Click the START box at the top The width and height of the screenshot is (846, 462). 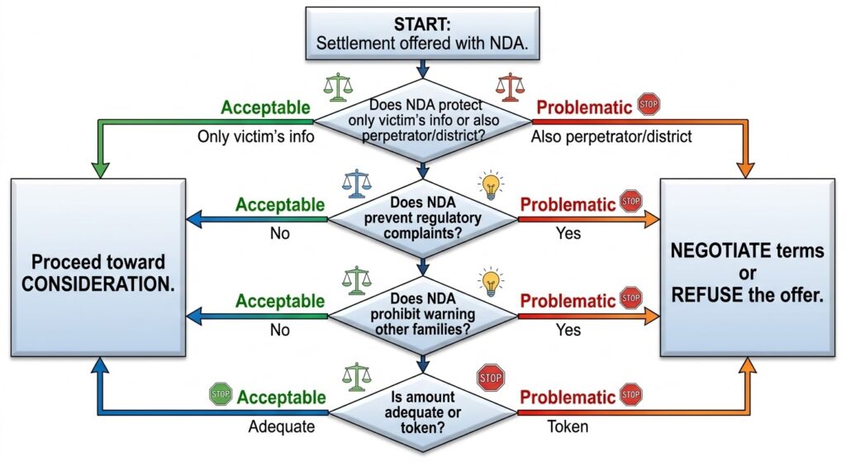pos(422,33)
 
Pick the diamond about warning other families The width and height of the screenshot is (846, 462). pos(423,315)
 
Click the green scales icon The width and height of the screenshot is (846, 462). pos(337,85)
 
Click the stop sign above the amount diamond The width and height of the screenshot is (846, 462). pos(490,378)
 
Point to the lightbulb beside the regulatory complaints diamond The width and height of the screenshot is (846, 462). pos(491,183)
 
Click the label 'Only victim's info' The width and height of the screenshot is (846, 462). pos(256,137)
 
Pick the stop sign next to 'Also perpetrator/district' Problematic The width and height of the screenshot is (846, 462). pos(649,106)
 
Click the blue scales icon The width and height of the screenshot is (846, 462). pos(357,183)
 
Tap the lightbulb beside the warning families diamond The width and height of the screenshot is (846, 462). pos(490,281)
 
